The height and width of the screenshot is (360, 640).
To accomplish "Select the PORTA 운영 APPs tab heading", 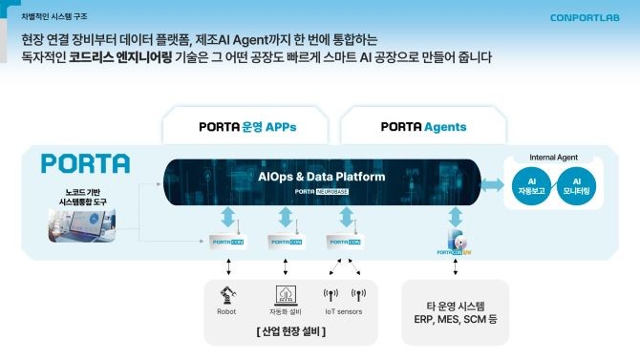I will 241,126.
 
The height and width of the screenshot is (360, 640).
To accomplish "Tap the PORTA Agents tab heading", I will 423,126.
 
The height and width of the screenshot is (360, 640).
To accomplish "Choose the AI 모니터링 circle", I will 577,184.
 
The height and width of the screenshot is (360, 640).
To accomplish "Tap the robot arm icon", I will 226,293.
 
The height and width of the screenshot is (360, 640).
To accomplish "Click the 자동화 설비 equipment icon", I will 286,293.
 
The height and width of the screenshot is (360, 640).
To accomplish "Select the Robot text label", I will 226,311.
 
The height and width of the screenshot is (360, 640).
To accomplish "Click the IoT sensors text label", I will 344,311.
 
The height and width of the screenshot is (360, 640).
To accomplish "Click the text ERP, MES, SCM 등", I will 455,318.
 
